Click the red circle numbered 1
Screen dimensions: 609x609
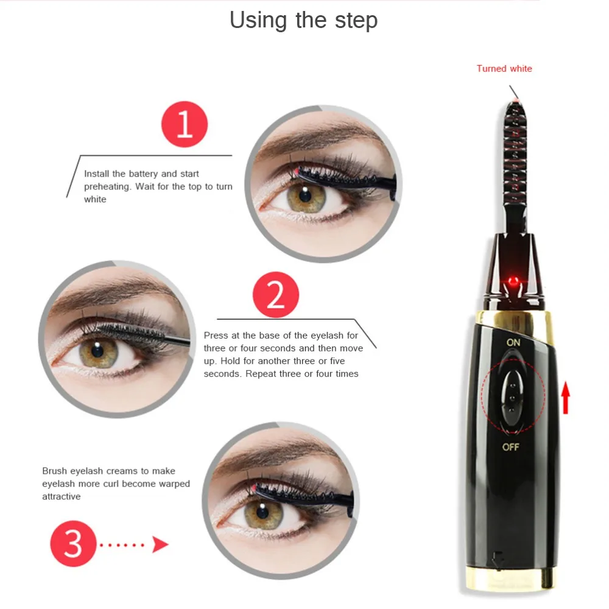185,124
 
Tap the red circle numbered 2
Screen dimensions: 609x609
276,295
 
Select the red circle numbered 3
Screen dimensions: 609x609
73,543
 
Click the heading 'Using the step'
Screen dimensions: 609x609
303,20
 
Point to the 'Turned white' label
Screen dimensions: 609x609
504,69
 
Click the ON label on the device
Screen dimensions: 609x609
513,342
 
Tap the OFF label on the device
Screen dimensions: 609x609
510,447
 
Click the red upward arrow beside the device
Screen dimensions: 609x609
566,398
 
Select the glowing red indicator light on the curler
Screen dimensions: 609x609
513,280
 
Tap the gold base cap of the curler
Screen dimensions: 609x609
511,579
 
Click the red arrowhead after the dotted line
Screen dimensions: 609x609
160,544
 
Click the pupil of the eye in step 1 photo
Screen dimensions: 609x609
305,195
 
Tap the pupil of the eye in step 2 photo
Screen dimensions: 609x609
97,350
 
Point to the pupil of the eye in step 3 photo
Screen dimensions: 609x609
262,512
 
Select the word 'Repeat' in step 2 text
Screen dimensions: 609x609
260,374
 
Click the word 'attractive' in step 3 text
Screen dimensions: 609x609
62,496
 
